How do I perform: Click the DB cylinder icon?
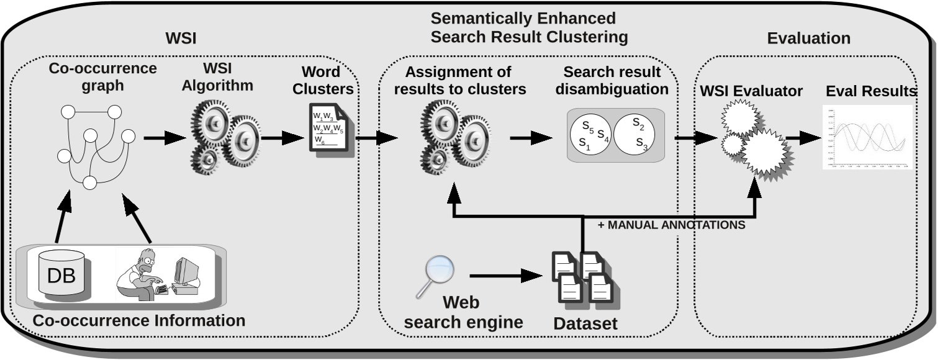pyautogui.click(x=61, y=274)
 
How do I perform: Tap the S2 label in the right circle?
pyautogui.click(x=638, y=122)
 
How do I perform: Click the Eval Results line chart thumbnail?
pyautogui.click(x=867, y=138)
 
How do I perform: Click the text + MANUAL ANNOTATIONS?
pyautogui.click(x=671, y=225)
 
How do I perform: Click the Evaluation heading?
pyautogui.click(x=808, y=38)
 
